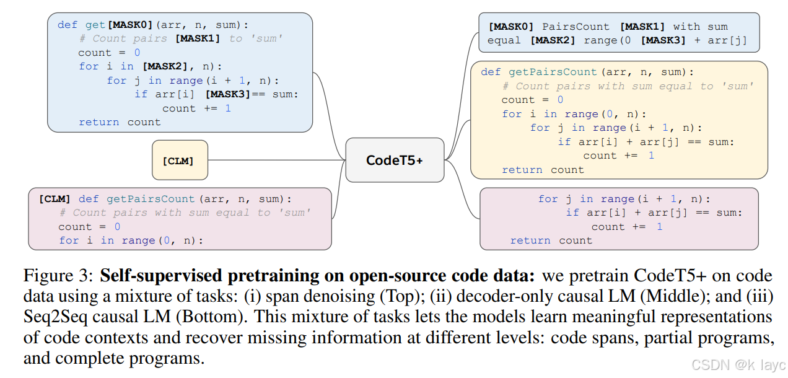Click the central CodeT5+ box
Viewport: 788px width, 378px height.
[x=395, y=160]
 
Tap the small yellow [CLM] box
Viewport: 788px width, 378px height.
[x=180, y=161]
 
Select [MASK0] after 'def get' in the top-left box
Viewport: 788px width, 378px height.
[x=131, y=25]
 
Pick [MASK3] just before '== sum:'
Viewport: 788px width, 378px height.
[x=227, y=94]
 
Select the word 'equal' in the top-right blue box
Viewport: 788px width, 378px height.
[x=504, y=40]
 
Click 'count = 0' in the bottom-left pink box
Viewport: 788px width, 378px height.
[x=89, y=227]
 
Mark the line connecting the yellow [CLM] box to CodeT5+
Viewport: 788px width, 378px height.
[x=276, y=160]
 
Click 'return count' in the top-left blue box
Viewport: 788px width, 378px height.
[x=120, y=122]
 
